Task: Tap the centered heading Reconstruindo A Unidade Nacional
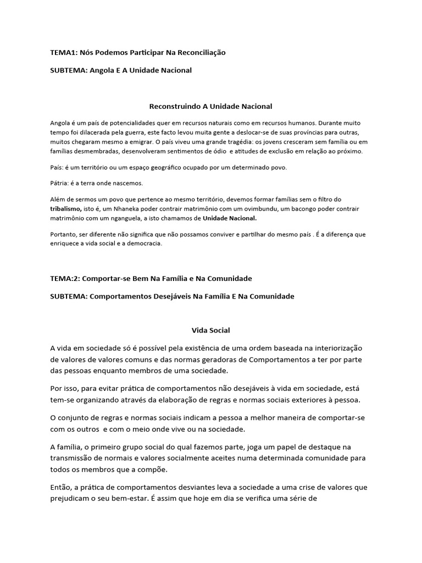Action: (211, 106)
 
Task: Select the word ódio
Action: (215, 151)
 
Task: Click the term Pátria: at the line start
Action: (60, 183)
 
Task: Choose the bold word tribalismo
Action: (66, 209)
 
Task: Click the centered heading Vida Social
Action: (210, 330)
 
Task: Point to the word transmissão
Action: (73, 458)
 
